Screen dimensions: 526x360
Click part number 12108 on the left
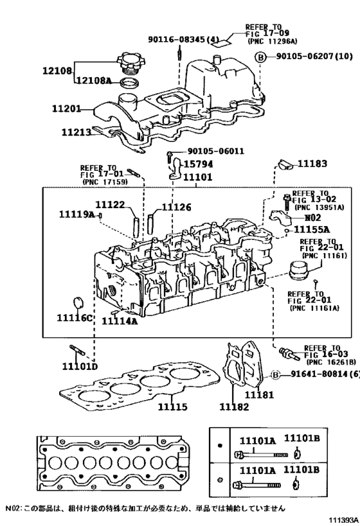(57, 71)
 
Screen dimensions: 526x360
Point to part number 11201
(67, 110)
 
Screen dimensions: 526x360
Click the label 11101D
(80, 367)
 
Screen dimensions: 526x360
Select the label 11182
(234, 407)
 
